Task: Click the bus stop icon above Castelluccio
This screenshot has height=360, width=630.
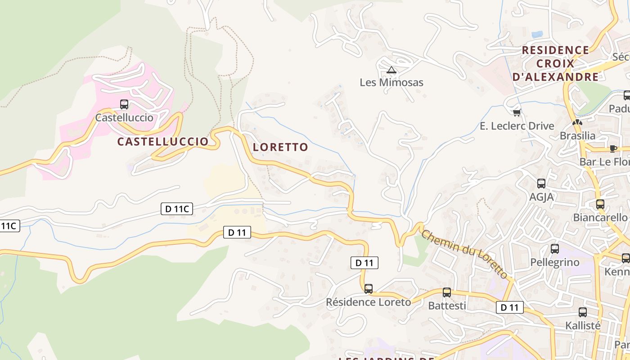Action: coord(124,104)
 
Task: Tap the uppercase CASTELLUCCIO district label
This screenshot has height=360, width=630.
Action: coord(163,142)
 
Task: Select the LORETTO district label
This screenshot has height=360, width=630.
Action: coord(280,147)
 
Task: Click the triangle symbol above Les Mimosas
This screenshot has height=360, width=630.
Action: coord(391,70)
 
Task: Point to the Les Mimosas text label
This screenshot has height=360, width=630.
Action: coord(391,82)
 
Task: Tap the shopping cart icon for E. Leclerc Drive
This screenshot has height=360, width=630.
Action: coord(517,112)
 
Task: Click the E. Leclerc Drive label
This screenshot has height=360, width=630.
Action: coord(517,126)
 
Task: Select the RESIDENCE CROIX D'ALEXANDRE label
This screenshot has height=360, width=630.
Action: coord(556,63)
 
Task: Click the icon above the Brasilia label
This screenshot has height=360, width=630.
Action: coord(577,122)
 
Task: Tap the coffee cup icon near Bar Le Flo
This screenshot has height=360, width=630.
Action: coord(613,148)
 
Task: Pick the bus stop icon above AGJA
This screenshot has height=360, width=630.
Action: coord(541,184)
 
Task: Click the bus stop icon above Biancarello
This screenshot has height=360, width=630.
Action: coord(600,204)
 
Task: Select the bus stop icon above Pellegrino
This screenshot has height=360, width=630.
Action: coord(555,249)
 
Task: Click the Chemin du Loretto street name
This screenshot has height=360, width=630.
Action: coord(465,254)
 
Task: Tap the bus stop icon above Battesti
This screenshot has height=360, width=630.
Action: coord(446,292)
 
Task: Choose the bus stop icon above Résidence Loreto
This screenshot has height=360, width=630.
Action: coord(369,289)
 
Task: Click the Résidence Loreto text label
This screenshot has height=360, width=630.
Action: coord(369,302)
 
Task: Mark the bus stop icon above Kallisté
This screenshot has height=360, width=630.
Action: coord(583,312)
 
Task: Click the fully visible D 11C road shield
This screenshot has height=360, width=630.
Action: coord(177,209)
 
